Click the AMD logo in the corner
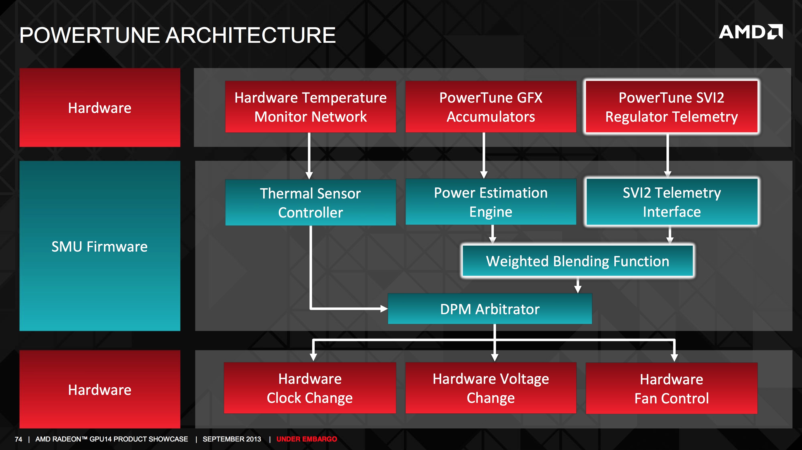coord(751,32)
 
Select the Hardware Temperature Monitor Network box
coord(310,107)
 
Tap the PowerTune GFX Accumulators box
coord(491,107)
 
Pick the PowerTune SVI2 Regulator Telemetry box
coord(672,107)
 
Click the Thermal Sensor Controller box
coord(310,202)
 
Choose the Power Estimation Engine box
coord(491,202)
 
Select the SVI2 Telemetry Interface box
coord(672,202)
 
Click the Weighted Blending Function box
coord(578,261)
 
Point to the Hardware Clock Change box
coord(310,388)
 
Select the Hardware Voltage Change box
coord(491,388)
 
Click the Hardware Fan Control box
coord(672,388)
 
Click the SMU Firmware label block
coord(100,246)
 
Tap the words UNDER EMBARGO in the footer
coord(307,439)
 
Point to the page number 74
coord(18,439)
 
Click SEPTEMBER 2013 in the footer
coord(232,439)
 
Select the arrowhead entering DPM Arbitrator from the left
coord(384,309)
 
